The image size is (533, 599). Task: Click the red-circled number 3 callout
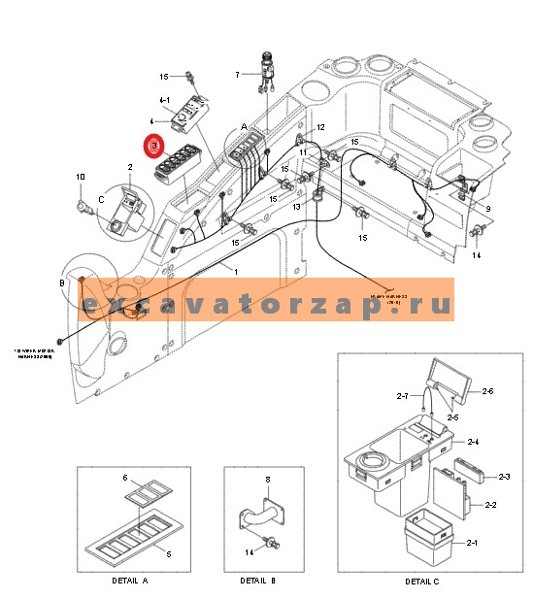(153, 147)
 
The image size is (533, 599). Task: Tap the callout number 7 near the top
(236, 74)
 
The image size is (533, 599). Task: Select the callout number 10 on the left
(81, 177)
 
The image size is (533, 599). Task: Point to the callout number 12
(321, 128)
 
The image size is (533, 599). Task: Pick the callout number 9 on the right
(487, 209)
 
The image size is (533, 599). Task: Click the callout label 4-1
(164, 100)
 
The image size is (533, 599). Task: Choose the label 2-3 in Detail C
(504, 477)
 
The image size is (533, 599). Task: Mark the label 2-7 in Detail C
(402, 396)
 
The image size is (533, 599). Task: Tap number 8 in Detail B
(267, 479)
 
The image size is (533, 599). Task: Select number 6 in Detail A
(125, 478)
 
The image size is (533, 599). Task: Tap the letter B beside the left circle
(62, 283)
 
